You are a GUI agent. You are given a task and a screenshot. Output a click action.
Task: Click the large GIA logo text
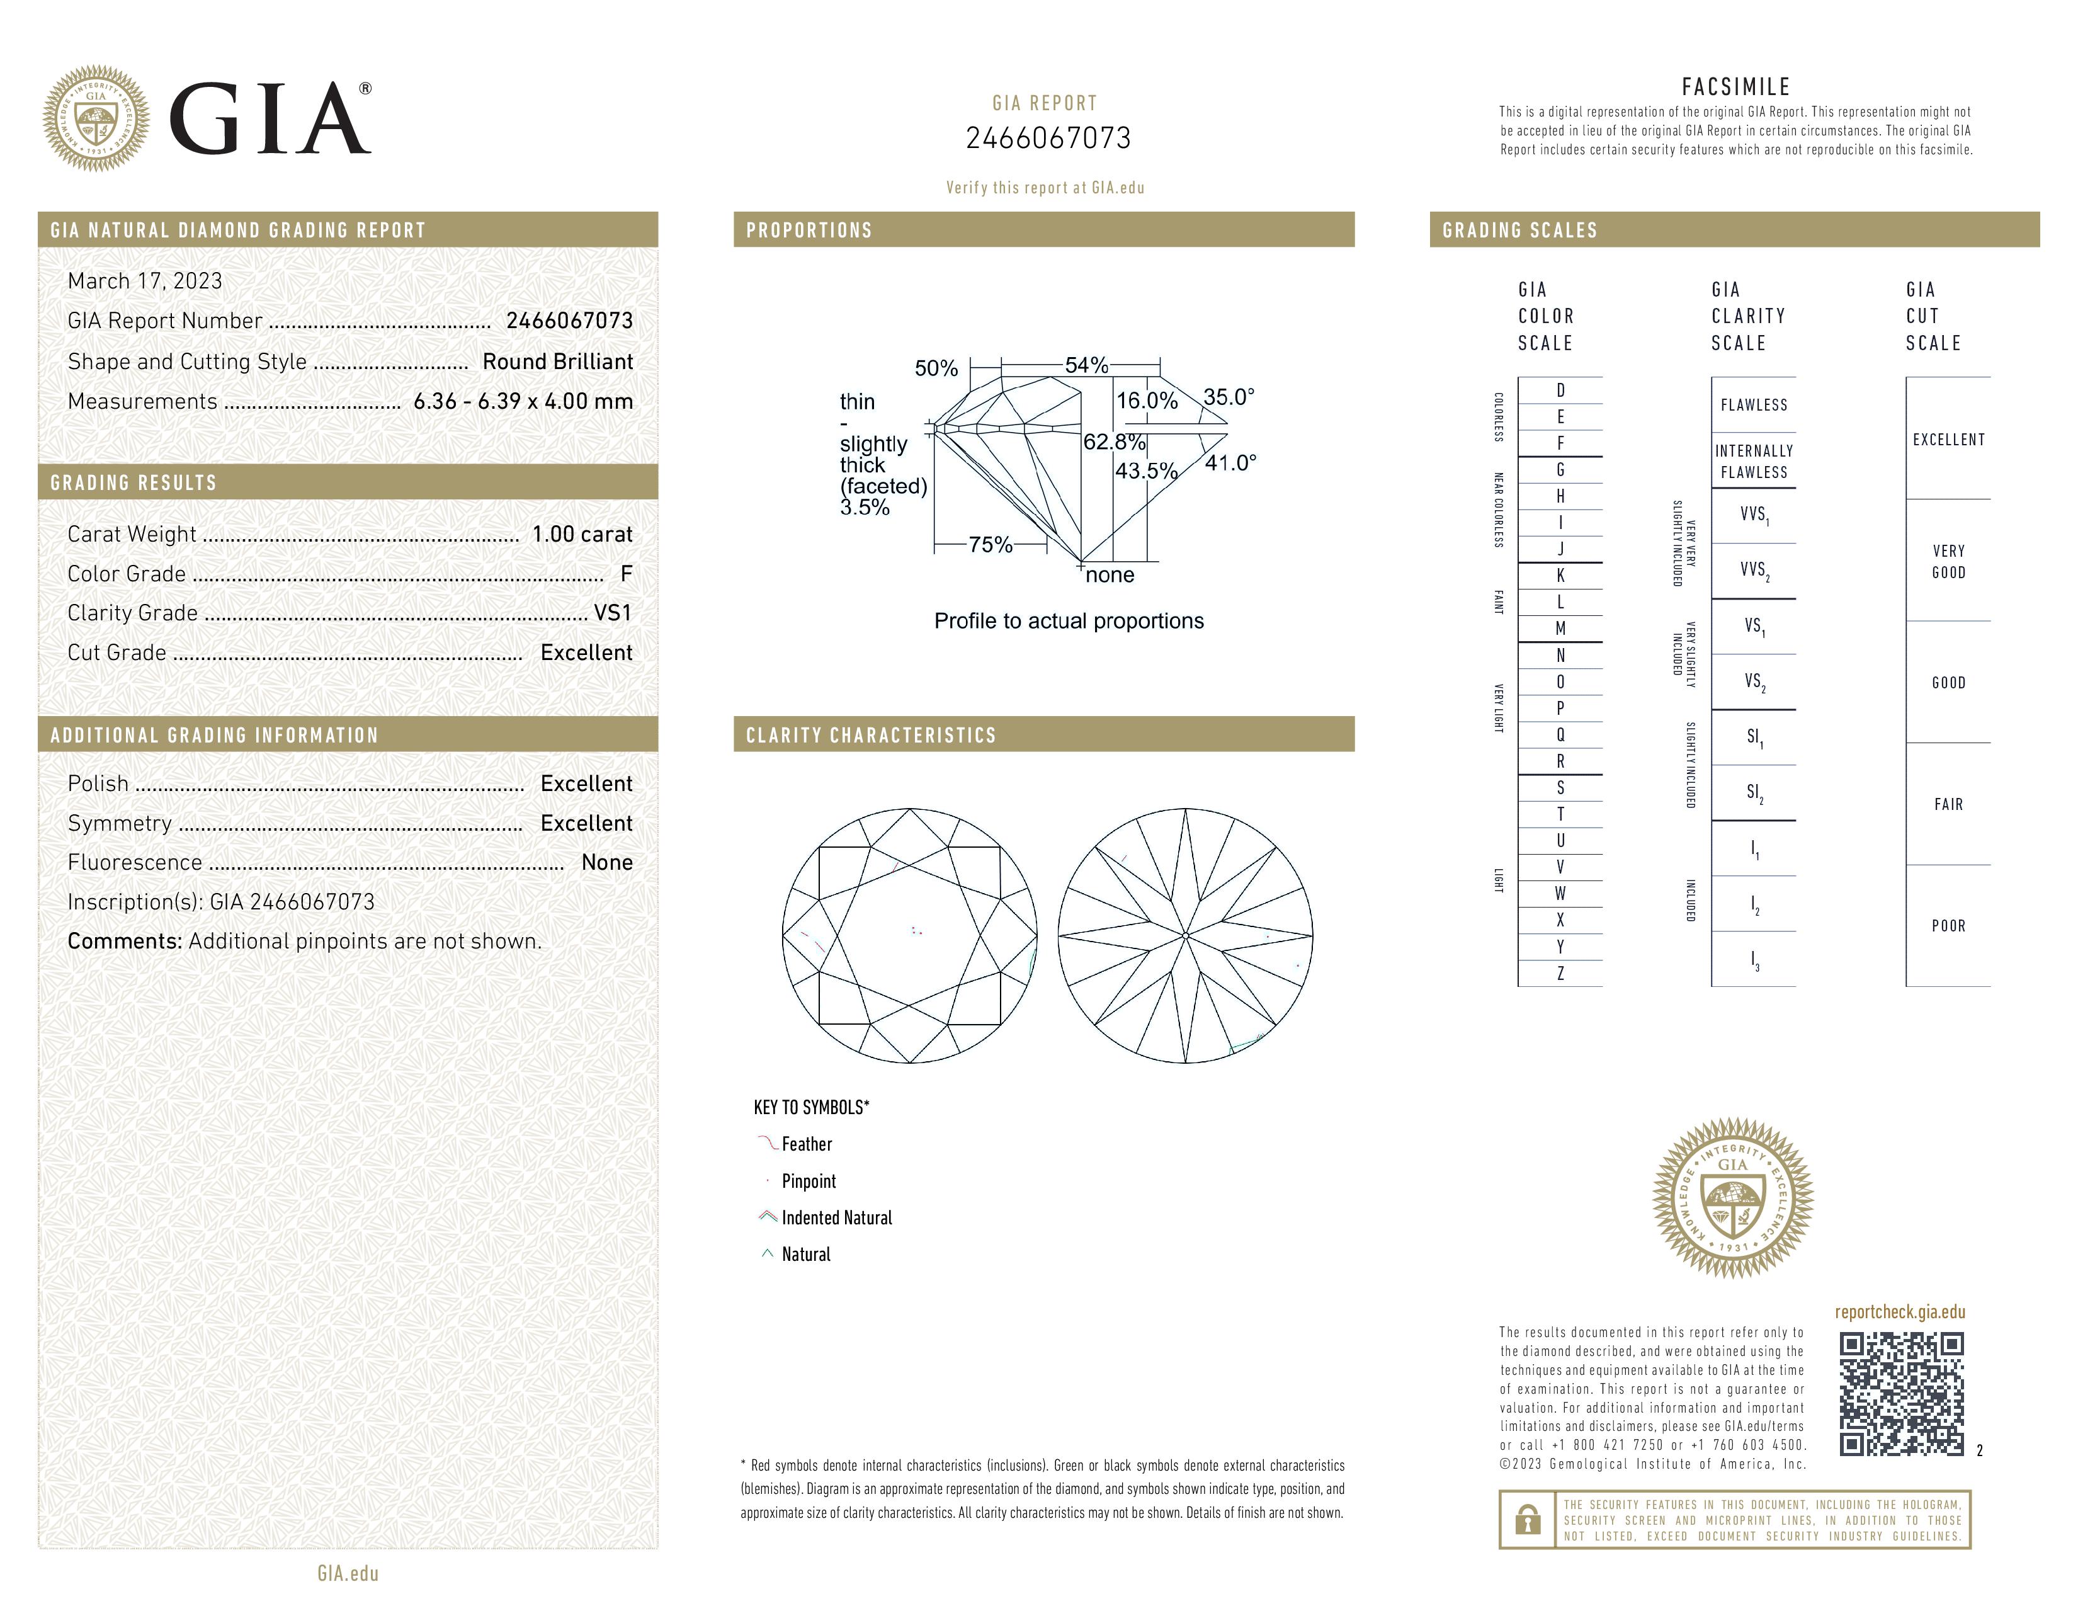[270, 119]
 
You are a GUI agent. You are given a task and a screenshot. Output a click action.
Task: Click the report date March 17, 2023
[145, 281]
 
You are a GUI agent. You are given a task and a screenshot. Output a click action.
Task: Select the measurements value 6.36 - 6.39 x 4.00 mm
[523, 402]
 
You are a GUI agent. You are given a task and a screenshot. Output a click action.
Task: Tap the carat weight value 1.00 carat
[581, 533]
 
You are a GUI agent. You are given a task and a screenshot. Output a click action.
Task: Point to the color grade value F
[626, 574]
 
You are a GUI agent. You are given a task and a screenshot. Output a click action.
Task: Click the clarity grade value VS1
[613, 613]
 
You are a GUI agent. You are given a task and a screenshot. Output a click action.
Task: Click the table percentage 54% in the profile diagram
[1086, 365]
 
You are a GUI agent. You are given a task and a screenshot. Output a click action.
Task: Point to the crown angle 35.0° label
[1229, 397]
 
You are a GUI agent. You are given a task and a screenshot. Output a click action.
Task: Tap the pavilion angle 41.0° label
[1230, 464]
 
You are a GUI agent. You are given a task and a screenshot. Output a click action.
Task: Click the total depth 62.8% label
[1113, 441]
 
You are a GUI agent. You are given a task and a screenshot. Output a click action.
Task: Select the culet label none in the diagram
[1110, 574]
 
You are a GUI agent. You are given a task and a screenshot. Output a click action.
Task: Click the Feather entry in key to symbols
[806, 1144]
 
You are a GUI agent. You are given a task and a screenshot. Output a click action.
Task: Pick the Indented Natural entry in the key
[836, 1218]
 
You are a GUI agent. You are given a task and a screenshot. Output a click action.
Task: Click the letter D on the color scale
[1560, 390]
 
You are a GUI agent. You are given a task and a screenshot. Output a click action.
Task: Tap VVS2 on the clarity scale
[1754, 570]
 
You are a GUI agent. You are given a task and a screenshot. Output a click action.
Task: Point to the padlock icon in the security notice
[1527, 1520]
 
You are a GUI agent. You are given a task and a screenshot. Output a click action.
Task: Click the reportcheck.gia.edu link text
[1899, 1312]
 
